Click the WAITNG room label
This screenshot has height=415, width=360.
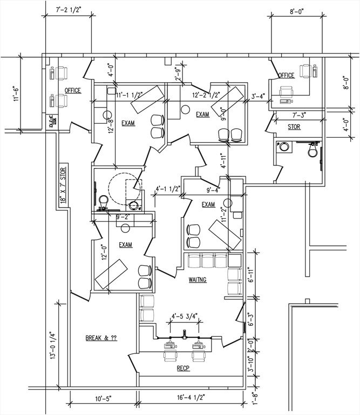[195, 280]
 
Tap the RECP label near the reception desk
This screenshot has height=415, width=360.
[184, 369]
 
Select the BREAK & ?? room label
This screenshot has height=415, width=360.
[101, 338]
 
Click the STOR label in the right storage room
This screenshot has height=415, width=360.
[294, 128]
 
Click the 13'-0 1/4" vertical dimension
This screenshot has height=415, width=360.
[52, 343]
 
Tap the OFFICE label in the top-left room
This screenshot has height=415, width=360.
[73, 90]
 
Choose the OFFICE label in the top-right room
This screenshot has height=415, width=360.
[286, 75]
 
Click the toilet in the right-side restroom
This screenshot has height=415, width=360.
[311, 152]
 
